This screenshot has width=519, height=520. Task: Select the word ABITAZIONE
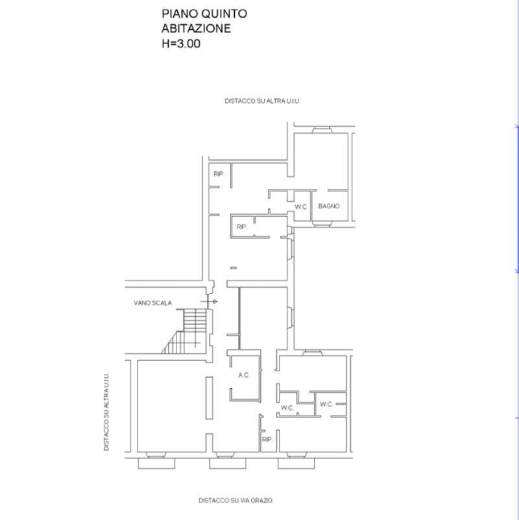(x=196, y=29)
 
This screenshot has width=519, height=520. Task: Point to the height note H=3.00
(x=181, y=43)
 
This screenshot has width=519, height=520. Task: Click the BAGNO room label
(x=329, y=206)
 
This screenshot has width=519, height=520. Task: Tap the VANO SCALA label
(x=153, y=303)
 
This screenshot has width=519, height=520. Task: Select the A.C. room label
(x=244, y=375)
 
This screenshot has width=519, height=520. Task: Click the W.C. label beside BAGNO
(x=301, y=207)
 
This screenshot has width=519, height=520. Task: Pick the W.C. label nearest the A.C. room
(x=287, y=408)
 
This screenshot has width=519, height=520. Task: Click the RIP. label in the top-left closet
(x=219, y=174)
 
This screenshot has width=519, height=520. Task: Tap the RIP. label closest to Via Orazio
(x=267, y=440)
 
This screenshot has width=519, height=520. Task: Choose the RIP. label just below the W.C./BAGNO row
(x=242, y=227)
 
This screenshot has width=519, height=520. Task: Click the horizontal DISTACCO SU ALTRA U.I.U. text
(x=263, y=101)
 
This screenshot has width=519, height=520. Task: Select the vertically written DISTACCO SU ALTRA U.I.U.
(x=106, y=412)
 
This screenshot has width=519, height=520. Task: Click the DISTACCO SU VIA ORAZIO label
(x=235, y=500)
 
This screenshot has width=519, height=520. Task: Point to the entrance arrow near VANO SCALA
(x=209, y=301)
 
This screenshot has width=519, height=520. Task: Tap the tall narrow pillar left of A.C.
(x=209, y=398)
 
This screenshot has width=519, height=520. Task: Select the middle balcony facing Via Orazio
(x=228, y=464)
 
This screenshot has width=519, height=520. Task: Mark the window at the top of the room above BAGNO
(x=322, y=130)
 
